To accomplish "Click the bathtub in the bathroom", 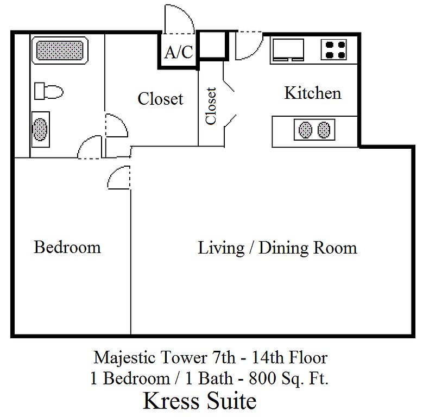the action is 60,50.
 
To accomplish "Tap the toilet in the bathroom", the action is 49,91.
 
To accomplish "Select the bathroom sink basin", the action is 40,129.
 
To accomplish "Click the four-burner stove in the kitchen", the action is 334,50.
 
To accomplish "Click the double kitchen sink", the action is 314,130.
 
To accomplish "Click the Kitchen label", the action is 313,93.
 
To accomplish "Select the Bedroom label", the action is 67,247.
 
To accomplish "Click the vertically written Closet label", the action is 211,106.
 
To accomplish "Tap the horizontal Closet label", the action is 160,98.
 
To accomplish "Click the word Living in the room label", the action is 221,249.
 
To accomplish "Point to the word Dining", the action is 283,249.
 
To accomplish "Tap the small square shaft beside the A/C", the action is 213,45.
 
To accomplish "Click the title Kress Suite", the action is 200,401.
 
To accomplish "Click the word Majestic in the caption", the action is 125,358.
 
